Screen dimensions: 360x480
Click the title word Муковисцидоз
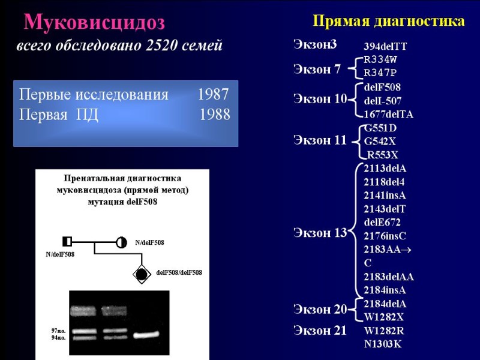tap(94, 22)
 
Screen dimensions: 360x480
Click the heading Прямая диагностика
tap(389, 22)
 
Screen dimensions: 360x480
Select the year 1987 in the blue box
tap(213, 95)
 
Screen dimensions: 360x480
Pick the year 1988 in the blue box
tap(214, 114)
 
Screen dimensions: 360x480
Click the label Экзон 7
tap(317, 69)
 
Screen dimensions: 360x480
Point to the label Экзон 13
tap(320, 233)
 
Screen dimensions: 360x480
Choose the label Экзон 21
tap(320, 330)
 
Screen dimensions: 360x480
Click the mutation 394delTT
tap(386, 46)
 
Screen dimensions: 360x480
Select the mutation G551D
tap(380, 128)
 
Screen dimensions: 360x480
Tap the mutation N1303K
tap(383, 344)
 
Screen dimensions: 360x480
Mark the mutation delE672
tap(382, 222)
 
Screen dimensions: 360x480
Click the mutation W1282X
tap(384, 317)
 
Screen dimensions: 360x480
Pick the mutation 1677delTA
tap(389, 114)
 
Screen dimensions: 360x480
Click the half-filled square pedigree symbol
tap(67, 242)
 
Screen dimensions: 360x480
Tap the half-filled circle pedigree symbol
tap(122, 242)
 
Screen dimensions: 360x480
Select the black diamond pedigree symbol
tap(142, 275)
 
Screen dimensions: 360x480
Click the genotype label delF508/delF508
tap(179, 272)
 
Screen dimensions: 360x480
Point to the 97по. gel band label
tap(59, 331)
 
